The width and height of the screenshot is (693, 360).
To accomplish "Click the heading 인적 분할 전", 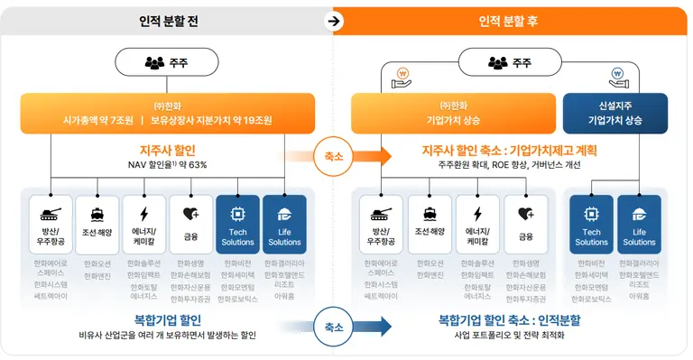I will (168, 21).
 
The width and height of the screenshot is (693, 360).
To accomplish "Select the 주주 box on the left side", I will (168, 63).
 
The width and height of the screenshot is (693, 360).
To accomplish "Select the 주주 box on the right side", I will (510, 63).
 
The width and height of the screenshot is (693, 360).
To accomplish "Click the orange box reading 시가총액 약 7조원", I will (168, 113).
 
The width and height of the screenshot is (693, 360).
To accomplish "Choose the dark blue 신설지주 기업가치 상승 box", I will (614, 113).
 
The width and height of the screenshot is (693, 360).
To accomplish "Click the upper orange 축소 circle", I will (333, 156).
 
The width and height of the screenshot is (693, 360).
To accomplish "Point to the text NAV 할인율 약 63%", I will (168, 165).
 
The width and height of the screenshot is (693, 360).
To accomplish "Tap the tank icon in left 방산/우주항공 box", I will (50, 214).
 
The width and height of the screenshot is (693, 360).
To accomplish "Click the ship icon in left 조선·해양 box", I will (97, 215).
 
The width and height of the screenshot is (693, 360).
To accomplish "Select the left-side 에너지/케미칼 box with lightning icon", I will (144, 223).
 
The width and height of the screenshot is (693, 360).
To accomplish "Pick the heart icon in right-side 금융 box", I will (525, 215).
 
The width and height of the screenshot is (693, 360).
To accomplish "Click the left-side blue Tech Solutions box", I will (237, 223).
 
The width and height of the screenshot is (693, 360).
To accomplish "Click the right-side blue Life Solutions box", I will (639, 223).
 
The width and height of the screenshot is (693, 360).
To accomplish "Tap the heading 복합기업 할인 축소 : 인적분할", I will (509, 320).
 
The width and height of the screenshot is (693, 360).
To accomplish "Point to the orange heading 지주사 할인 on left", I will (168, 150).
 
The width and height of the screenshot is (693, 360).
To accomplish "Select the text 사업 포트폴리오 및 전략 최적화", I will (509, 336).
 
